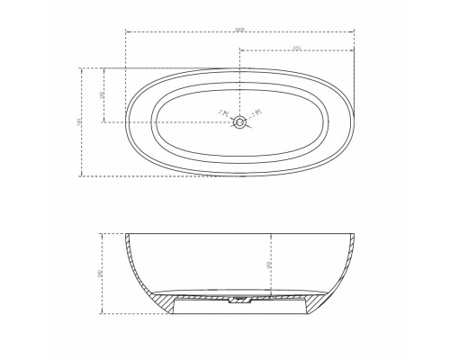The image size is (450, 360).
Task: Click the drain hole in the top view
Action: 238,125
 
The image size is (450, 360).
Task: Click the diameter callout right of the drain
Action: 256,112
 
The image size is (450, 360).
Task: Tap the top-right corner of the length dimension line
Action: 355,32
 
